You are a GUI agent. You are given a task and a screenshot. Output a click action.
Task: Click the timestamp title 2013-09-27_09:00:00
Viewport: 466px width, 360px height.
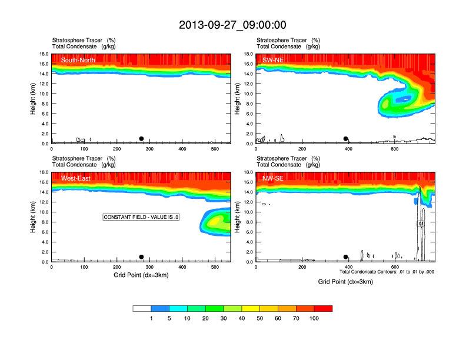pyautogui.click(x=232, y=25)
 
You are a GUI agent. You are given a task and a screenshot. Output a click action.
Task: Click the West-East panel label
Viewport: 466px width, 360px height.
pyautogui.click(x=75, y=178)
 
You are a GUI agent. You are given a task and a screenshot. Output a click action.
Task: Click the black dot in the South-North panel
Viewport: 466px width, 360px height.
pyautogui.click(x=141, y=139)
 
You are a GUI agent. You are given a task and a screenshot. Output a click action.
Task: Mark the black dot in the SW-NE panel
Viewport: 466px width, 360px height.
pyautogui.click(x=346, y=139)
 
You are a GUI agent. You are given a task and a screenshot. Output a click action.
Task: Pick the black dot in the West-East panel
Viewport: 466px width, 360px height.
pyautogui.click(x=141, y=257)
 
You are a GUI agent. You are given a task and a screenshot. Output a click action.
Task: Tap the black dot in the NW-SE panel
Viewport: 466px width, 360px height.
pyautogui.click(x=346, y=257)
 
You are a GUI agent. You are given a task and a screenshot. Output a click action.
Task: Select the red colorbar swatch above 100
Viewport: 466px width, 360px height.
pyautogui.click(x=323, y=308)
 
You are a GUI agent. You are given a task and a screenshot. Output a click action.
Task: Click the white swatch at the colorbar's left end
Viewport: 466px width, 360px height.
pyautogui.click(x=142, y=308)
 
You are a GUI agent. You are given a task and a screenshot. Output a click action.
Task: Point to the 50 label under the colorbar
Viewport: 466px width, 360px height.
pyautogui.click(x=260, y=318)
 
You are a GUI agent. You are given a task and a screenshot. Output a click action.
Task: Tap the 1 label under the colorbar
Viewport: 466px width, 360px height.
pyautogui.click(x=151, y=318)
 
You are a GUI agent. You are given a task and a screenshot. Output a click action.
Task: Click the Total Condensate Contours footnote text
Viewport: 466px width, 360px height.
pyautogui.click(x=387, y=272)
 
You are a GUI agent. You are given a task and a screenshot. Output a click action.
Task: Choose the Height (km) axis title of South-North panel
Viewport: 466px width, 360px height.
pyautogui.click(x=34, y=99)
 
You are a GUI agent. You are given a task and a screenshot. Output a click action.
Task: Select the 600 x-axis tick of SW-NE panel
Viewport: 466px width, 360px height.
pyautogui.click(x=394, y=149)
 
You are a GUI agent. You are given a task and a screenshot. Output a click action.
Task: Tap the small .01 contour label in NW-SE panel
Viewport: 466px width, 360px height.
pyautogui.click(x=421, y=224)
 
